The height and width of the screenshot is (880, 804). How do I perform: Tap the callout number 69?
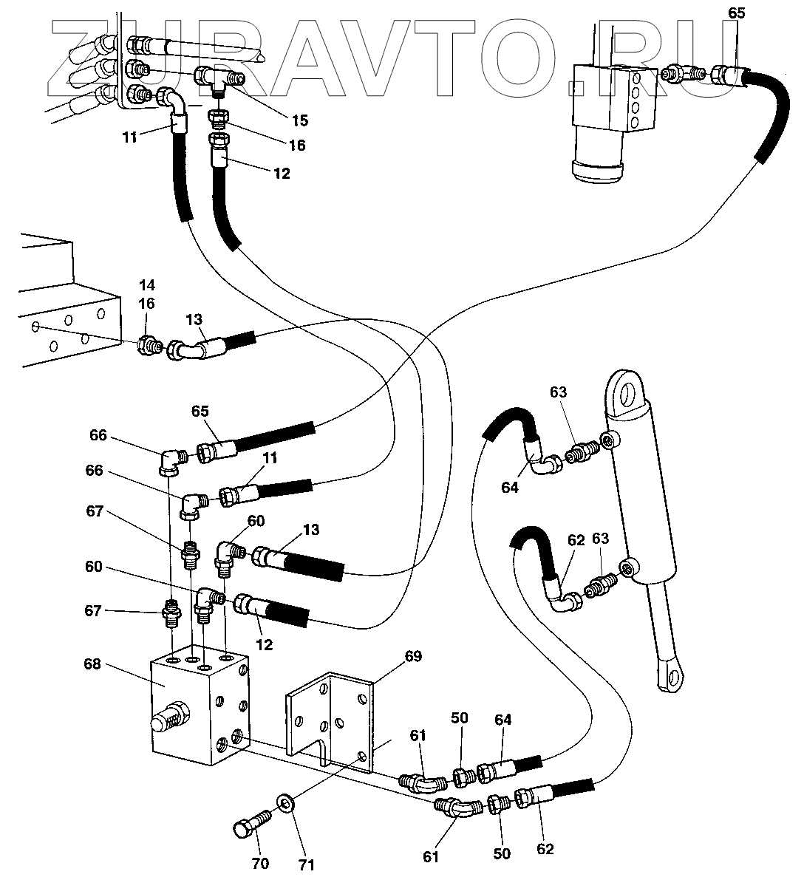click(x=413, y=655)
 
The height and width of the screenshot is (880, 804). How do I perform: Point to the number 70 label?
click(x=260, y=864)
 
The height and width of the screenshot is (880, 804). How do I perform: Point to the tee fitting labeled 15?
click(x=216, y=77)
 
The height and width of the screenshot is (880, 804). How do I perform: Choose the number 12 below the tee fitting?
click(x=282, y=174)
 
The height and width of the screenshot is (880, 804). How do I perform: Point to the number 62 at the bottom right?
click(x=545, y=849)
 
